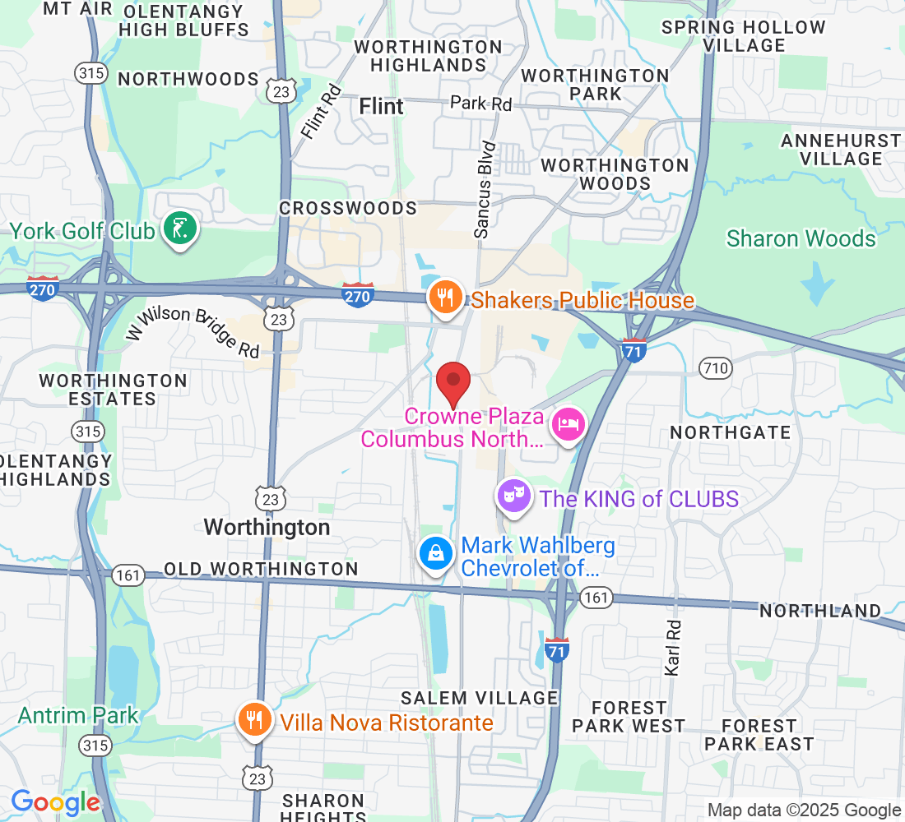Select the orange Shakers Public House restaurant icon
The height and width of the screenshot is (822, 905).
(x=446, y=298)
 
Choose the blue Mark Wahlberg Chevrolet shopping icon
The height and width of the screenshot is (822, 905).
(x=436, y=553)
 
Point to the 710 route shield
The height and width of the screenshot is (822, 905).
(x=715, y=367)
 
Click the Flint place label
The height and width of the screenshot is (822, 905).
(x=382, y=106)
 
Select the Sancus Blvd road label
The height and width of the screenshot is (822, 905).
(x=486, y=190)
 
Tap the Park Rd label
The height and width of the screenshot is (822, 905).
(x=480, y=104)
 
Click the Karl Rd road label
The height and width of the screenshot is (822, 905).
(x=672, y=647)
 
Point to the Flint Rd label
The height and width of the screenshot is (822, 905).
(x=321, y=113)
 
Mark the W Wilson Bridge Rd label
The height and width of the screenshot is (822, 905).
(x=193, y=330)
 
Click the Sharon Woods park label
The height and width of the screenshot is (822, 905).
(x=801, y=238)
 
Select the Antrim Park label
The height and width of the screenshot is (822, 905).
(x=79, y=715)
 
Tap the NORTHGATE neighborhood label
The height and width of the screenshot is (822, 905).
(x=730, y=432)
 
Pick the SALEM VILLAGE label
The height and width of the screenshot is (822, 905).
(x=479, y=698)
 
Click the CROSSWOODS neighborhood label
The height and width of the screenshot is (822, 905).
(x=348, y=208)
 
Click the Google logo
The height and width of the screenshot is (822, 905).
(x=55, y=802)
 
